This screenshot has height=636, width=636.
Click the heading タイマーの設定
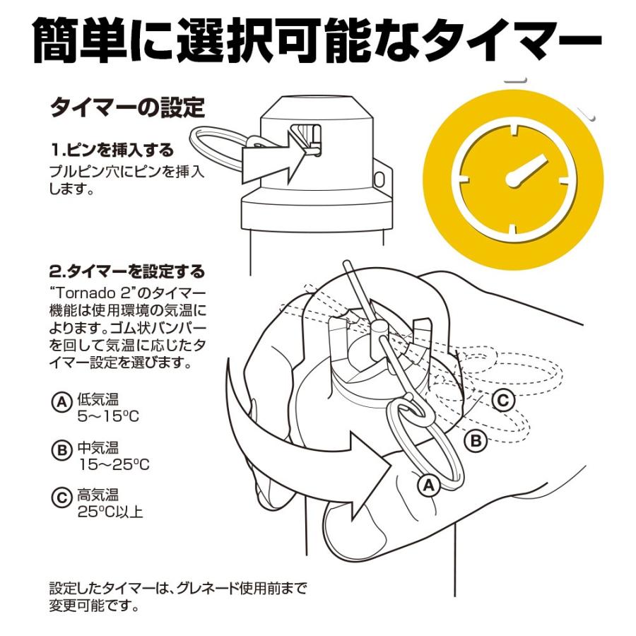pyautogui.click(x=127, y=107)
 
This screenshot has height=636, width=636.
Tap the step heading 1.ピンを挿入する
pyautogui.click(x=112, y=150)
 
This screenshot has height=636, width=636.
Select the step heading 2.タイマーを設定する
pyautogui.click(x=127, y=271)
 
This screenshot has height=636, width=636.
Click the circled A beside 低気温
pyautogui.click(x=61, y=401)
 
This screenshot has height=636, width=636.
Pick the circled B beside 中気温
pyautogui.click(x=61, y=449)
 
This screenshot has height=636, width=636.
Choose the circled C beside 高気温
pyautogui.click(x=61, y=497)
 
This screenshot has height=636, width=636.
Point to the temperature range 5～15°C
pyautogui.click(x=108, y=416)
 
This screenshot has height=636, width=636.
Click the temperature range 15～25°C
pyautogui.click(x=114, y=464)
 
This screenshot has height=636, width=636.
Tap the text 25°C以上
pyautogui.click(x=110, y=512)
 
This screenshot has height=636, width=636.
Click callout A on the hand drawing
pyautogui.click(x=429, y=485)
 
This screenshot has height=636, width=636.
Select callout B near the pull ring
pyautogui.click(x=476, y=440)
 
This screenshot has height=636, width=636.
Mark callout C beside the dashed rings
pyautogui.click(x=503, y=401)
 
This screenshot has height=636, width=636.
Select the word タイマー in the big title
pyautogui.click(x=510, y=39)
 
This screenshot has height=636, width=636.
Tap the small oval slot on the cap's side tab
pyautogui.click(x=379, y=179)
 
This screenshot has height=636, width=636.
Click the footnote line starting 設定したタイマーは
pyautogui.click(x=178, y=588)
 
